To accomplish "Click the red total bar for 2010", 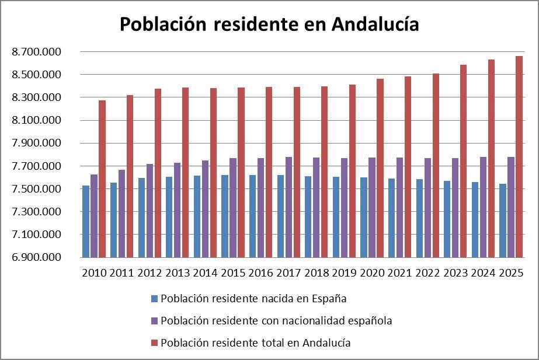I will (102, 179).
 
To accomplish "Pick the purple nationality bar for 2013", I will (177, 210).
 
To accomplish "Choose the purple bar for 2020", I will (371, 207).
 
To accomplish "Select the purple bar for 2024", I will (483, 207).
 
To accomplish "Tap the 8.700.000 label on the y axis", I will (36, 52).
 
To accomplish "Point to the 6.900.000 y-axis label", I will (36, 257).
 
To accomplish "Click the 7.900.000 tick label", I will (36, 144).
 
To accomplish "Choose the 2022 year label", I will (427, 272).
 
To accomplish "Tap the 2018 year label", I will (317, 272).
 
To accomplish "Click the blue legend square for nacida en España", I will (154, 299).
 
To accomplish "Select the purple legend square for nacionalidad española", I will (154, 321).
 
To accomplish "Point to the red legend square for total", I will (154, 343).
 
